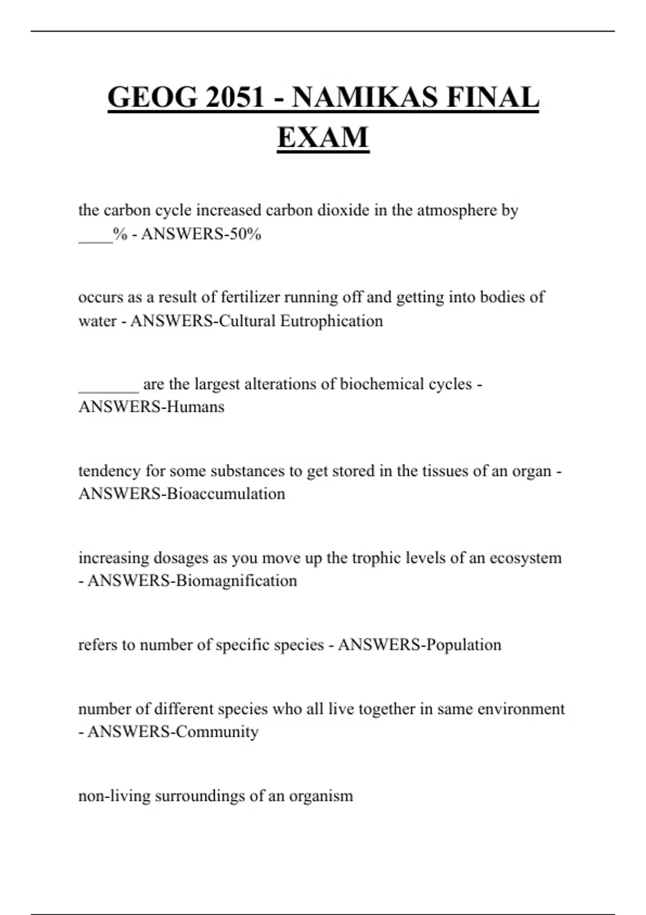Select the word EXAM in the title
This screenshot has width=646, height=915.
[323, 137]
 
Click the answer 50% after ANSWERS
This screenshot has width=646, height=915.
[245, 234]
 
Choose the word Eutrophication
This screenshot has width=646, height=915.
[332, 321]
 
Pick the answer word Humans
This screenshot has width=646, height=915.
[195, 406]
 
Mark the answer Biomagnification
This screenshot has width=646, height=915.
[236, 581]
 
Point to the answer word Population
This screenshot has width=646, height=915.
[462, 645]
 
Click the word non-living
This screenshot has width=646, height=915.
[114, 796]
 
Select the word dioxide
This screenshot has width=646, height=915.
[343, 210]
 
